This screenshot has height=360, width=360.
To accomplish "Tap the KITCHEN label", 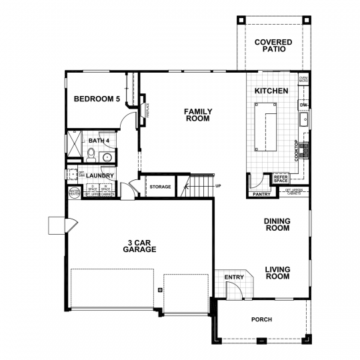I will (x=272, y=91).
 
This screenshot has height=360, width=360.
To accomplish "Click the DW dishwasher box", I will (x=303, y=105).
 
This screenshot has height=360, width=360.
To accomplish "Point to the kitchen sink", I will (x=303, y=121).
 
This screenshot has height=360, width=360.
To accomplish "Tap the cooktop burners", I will (x=305, y=149).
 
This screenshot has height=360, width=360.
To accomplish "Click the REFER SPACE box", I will (x=280, y=179).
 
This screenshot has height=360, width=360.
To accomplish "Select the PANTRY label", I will (x=260, y=195).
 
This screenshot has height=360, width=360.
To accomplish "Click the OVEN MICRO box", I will (x=303, y=80).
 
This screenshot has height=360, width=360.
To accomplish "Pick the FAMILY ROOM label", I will (x=197, y=115).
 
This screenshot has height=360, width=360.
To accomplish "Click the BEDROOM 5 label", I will (x=97, y=99).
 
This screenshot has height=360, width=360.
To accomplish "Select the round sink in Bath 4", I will (x=107, y=157).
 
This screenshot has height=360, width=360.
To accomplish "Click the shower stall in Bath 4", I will (x=73, y=145).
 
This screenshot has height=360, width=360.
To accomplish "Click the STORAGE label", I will (x=160, y=187).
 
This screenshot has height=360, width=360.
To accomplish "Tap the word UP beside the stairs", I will (x=218, y=186).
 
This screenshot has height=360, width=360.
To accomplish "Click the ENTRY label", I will (x=234, y=277).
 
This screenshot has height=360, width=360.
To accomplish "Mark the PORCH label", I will (x=261, y=319).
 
